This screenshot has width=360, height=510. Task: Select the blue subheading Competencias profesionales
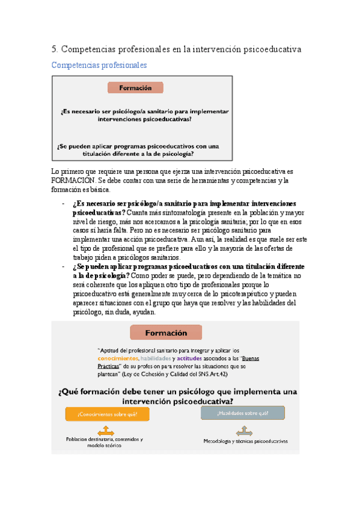click(x=99, y=65)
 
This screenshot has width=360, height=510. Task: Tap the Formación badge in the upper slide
click(x=135, y=88)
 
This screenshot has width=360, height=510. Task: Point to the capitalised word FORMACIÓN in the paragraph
click(x=72, y=180)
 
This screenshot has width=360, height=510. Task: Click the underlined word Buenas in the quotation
click(x=243, y=358)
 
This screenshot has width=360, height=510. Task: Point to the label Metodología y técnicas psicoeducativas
click(x=245, y=441)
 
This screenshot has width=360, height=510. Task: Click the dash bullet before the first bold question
click(x=64, y=203)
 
